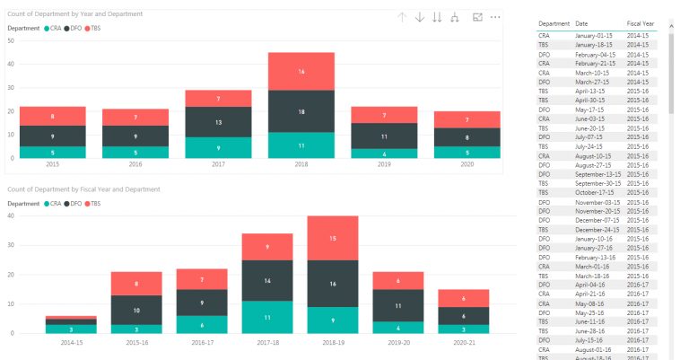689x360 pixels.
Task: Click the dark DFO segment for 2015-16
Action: coord(136,310)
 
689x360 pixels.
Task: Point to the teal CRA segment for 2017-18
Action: coord(266,317)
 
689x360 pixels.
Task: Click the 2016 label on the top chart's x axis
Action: coord(135,165)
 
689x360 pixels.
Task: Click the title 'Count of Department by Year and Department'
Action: coord(74,14)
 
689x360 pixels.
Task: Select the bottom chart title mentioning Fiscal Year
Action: coord(83,189)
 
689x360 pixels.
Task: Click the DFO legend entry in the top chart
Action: coord(75,28)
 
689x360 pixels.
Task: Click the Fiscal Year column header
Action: coord(641,23)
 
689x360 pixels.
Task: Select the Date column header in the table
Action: coord(582,23)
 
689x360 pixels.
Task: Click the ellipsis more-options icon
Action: coord(495,17)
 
